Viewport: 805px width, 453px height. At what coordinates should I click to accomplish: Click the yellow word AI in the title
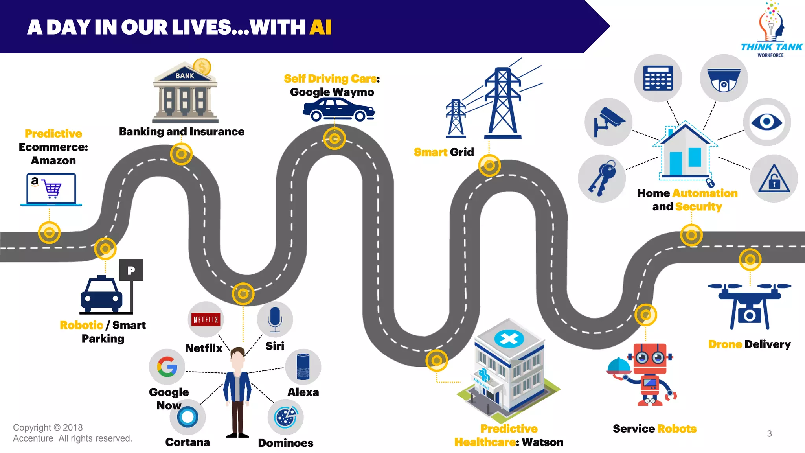click(x=320, y=28)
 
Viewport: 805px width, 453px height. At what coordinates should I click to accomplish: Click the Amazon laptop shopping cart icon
click(x=51, y=189)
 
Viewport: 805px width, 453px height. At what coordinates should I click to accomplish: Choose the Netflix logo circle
click(x=206, y=319)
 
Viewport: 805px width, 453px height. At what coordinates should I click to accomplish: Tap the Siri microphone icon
click(x=275, y=319)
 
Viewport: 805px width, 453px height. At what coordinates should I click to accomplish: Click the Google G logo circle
click(x=167, y=367)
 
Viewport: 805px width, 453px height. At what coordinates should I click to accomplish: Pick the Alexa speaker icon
click(x=303, y=367)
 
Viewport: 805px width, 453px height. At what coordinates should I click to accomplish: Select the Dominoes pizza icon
click(x=286, y=417)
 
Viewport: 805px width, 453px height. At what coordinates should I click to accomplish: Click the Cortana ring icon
click(x=187, y=417)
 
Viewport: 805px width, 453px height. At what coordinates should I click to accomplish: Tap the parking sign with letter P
click(x=131, y=270)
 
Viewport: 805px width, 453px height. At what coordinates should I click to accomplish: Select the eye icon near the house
click(x=766, y=122)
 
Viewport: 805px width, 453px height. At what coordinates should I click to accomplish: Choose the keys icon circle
click(x=602, y=179)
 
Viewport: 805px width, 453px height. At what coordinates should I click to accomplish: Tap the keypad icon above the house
click(x=658, y=78)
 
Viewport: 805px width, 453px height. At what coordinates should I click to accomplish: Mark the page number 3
click(x=769, y=433)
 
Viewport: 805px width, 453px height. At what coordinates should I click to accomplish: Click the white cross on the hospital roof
click(x=509, y=339)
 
